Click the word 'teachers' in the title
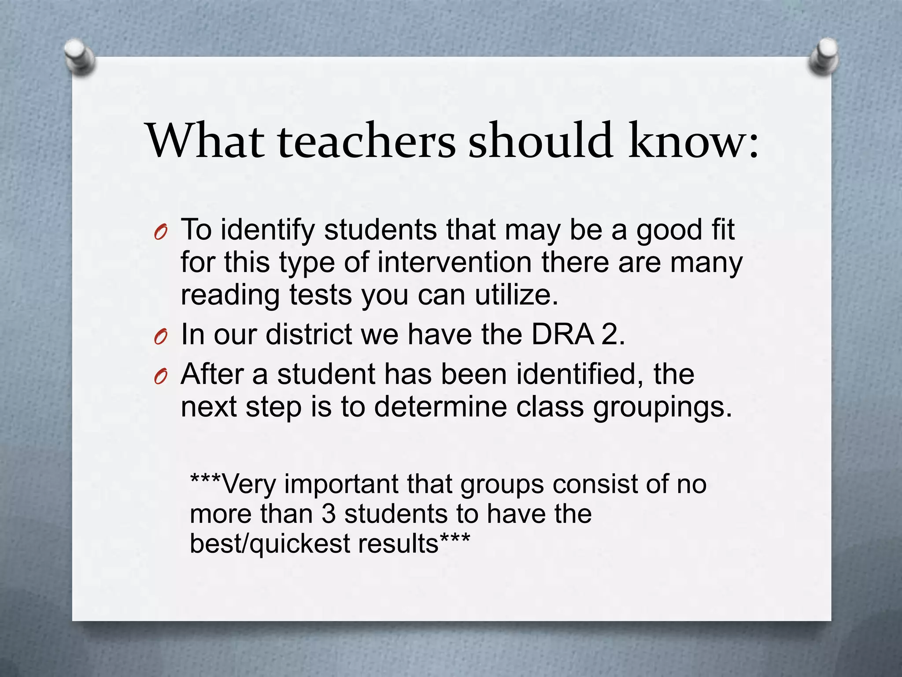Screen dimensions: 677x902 click(366, 141)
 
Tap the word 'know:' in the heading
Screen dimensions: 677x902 click(693, 141)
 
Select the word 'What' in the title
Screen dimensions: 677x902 click(205, 141)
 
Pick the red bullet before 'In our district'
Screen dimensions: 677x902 click(160, 337)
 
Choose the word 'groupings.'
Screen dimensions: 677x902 click(662, 407)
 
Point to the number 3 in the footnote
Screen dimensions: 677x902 click(329, 514)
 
